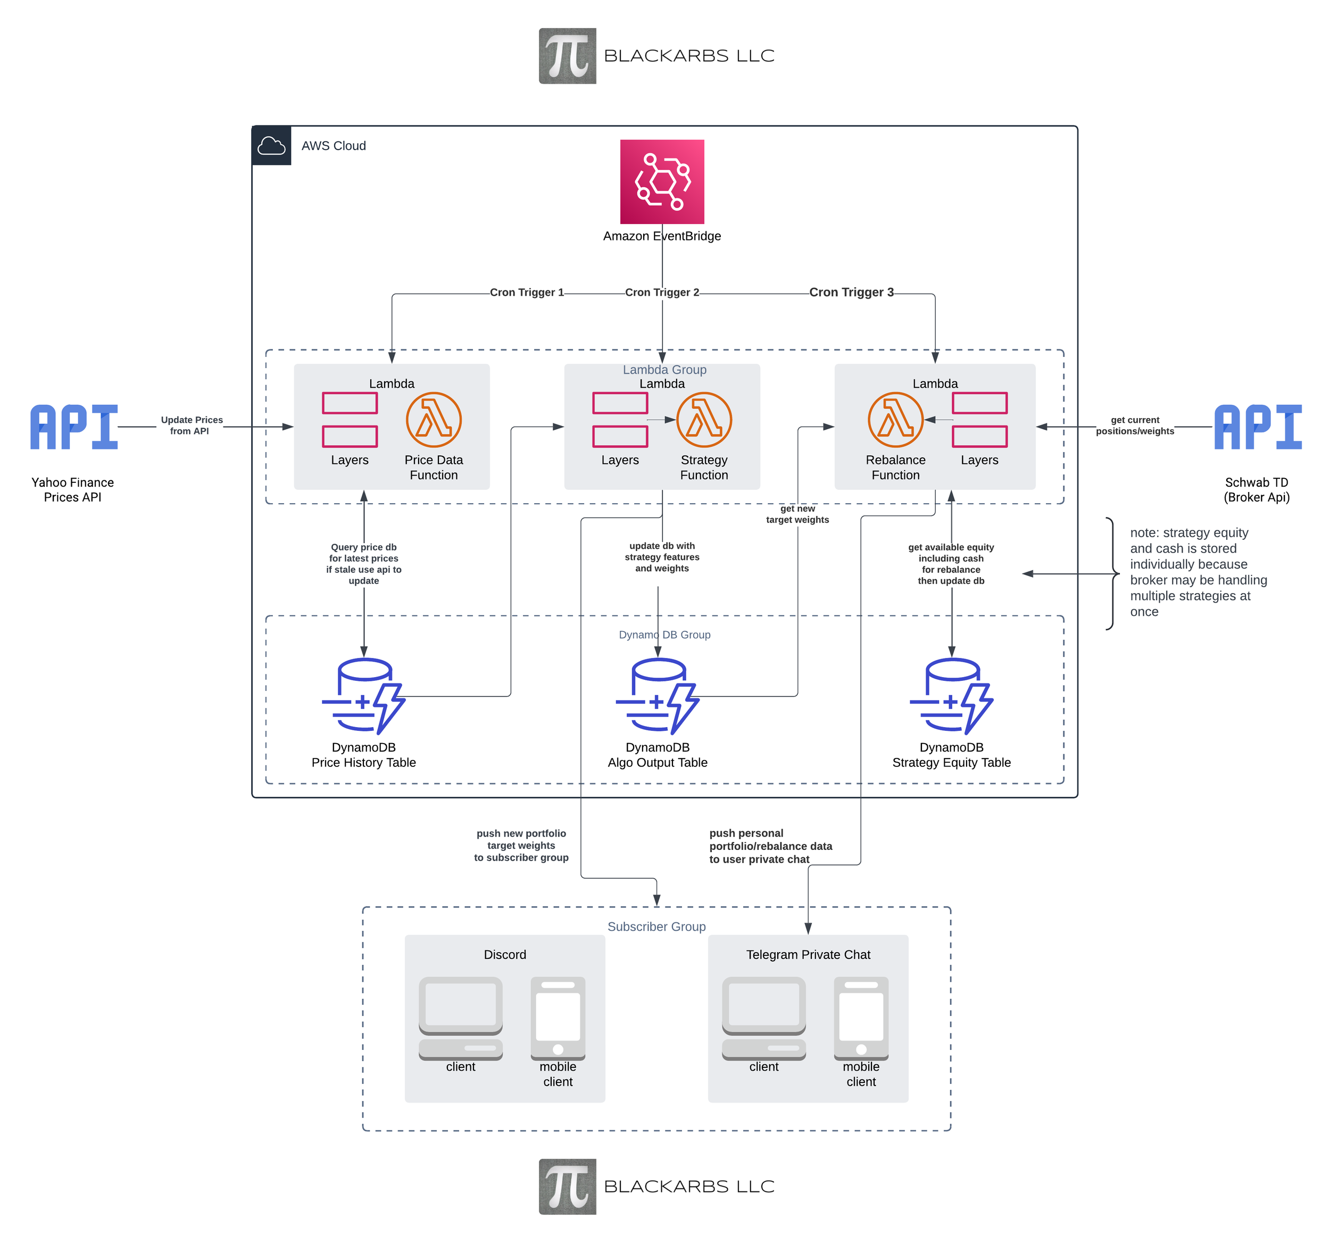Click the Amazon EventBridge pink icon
662,181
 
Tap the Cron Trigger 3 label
851,293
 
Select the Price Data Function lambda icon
434,420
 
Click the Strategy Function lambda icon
704,420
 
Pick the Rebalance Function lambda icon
895,420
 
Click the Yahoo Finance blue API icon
73,427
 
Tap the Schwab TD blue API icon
1257,427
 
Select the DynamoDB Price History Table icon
363,696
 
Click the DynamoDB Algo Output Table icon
657,696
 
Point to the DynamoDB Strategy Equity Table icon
951,696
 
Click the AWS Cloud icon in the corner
272,145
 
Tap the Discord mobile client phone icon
558,1017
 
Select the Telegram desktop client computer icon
763,1017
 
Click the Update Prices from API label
192,426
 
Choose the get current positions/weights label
1135,426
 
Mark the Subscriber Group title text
656,927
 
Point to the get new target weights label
797,514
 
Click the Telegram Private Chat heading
808,955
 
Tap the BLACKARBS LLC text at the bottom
688,1186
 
